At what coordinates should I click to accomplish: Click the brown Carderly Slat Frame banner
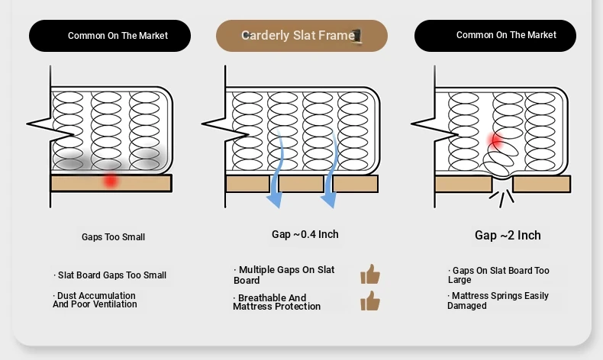[x=301, y=36]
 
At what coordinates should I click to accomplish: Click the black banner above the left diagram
[x=110, y=36]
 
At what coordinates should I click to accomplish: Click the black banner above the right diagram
[x=495, y=36]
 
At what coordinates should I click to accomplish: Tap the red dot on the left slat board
[x=111, y=181]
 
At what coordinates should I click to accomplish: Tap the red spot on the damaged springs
[x=495, y=140]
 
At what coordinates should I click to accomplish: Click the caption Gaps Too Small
[x=113, y=237]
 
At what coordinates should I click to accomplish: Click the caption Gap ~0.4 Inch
[x=305, y=234]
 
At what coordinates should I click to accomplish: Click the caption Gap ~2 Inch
[x=508, y=235]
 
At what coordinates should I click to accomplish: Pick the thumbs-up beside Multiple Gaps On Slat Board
[x=370, y=275]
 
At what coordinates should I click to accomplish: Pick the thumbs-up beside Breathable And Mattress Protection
[x=370, y=301]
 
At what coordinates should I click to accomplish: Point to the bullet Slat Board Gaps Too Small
[x=111, y=275]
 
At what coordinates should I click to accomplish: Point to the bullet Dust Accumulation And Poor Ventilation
[x=95, y=300]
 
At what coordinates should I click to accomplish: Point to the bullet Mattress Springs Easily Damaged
[x=498, y=301]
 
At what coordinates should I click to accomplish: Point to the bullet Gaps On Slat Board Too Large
[x=498, y=275]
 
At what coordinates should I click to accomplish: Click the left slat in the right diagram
[x=463, y=184]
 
